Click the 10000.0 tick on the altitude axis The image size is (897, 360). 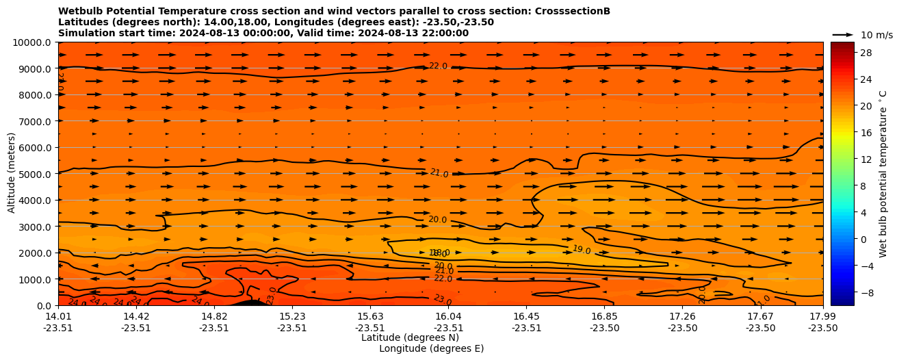(x=34, y=42)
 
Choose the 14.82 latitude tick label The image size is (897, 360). (x=214, y=316)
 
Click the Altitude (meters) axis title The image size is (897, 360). (x=12, y=174)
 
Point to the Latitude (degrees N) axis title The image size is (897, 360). (x=410, y=337)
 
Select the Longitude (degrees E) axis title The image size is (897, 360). (x=431, y=348)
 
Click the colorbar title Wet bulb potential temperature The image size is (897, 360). (x=883, y=174)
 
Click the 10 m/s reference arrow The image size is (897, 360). (x=842, y=34)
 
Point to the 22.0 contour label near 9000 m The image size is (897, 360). (x=438, y=66)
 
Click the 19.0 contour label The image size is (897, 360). (x=582, y=250)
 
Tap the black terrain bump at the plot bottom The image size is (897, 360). (x=250, y=303)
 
